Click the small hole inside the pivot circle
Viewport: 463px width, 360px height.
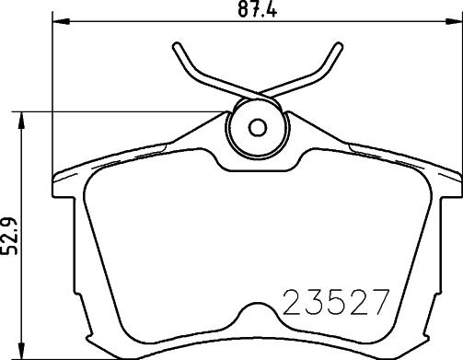[258, 126]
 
